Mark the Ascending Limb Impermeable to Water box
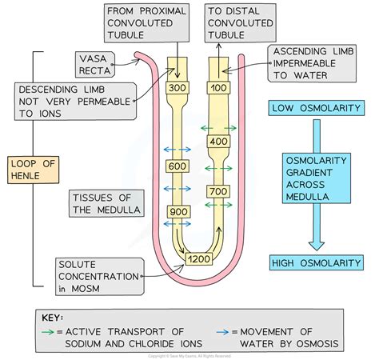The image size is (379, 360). pos(313,62)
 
